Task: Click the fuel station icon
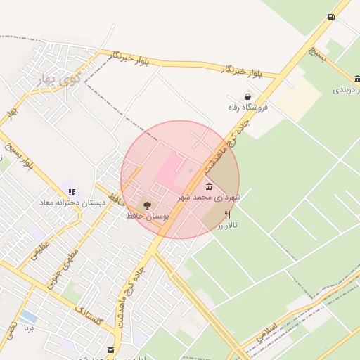click(x=331, y=18)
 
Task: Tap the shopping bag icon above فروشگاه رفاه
click(x=247, y=96)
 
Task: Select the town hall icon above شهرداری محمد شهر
click(x=209, y=186)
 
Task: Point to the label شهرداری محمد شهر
click(x=210, y=198)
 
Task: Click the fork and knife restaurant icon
click(x=227, y=214)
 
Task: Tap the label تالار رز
click(x=227, y=226)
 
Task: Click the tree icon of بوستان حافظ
click(x=147, y=205)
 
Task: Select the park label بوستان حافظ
click(x=148, y=217)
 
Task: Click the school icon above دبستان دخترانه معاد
click(x=72, y=191)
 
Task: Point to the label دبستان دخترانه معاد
click(x=72, y=202)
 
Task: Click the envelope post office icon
click(x=110, y=349)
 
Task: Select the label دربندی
click(x=346, y=90)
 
